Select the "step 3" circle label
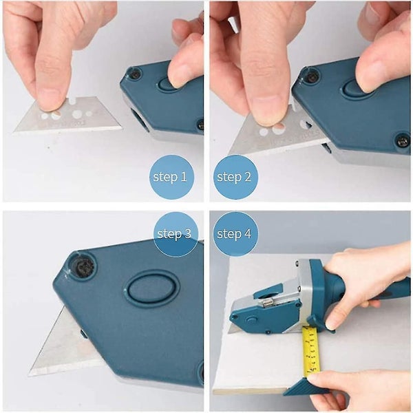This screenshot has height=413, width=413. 174,234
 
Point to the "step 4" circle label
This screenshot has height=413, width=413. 233,234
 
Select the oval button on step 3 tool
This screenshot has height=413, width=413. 151,287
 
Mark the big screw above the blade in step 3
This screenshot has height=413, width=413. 82,266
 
